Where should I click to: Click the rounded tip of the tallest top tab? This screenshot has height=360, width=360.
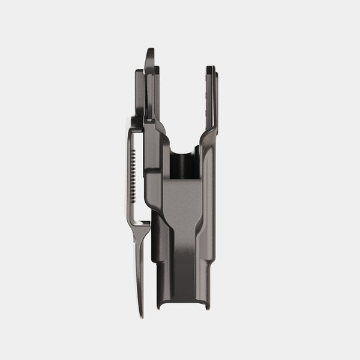click(x=150, y=52)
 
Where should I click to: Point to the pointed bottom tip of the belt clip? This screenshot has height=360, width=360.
click(x=141, y=314)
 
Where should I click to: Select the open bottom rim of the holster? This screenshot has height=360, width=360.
click(x=183, y=306)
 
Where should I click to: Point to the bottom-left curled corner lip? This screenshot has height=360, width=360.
click(x=160, y=307)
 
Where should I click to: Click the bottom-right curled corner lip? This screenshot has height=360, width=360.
click(x=206, y=306)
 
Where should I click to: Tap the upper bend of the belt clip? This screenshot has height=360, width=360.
click(x=133, y=124)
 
